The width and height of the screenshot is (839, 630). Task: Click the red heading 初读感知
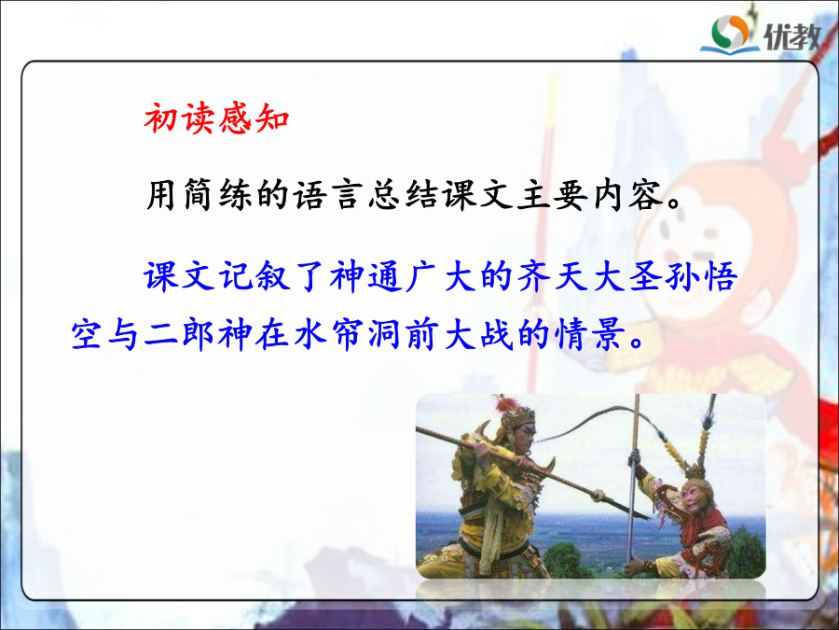[216, 118]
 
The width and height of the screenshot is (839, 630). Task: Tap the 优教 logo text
[791, 36]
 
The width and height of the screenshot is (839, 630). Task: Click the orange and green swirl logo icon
[730, 32]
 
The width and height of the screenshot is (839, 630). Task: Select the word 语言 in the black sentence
[327, 194]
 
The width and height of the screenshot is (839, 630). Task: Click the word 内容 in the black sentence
[627, 194]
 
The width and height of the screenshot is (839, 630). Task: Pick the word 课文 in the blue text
[179, 276]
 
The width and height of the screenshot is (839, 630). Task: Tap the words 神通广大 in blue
[403, 276]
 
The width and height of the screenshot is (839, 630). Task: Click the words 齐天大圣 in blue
[589, 276]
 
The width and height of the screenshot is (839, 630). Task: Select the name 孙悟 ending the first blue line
[701, 276]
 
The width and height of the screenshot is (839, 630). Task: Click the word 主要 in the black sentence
[553, 194]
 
